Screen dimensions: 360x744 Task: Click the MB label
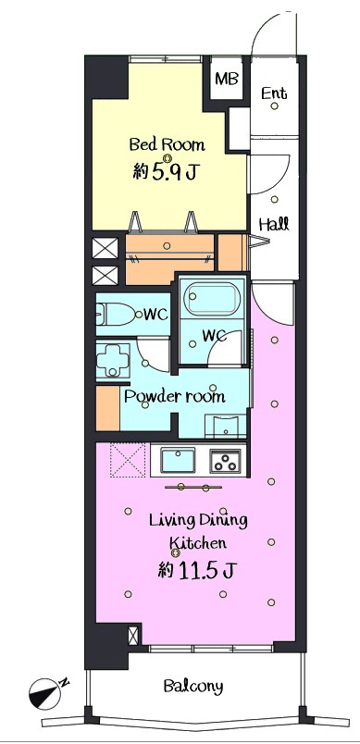pyautogui.click(x=226, y=79)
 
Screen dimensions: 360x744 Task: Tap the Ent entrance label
pyautogui.click(x=274, y=93)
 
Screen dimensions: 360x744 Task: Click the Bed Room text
pyautogui.click(x=167, y=143)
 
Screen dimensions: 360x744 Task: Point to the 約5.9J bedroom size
pyautogui.click(x=165, y=172)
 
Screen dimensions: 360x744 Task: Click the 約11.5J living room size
pyautogui.click(x=197, y=570)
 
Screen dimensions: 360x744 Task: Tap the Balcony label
pyautogui.click(x=193, y=686)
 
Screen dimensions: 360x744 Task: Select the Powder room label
pyautogui.click(x=175, y=396)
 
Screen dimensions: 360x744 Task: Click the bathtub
pyautogui.click(x=212, y=299)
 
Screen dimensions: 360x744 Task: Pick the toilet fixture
pyautogui.click(x=116, y=314)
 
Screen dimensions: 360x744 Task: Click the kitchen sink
pyautogui.click(x=178, y=460)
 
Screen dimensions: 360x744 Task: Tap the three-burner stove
pyautogui.click(x=225, y=461)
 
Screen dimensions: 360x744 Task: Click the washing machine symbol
pyautogui.click(x=112, y=360)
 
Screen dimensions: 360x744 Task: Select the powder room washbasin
pyautogui.click(x=225, y=426)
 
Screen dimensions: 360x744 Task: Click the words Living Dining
pyautogui.click(x=198, y=521)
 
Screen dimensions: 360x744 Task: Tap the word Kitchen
pyautogui.click(x=198, y=543)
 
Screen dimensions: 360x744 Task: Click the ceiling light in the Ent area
pyautogui.click(x=274, y=106)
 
